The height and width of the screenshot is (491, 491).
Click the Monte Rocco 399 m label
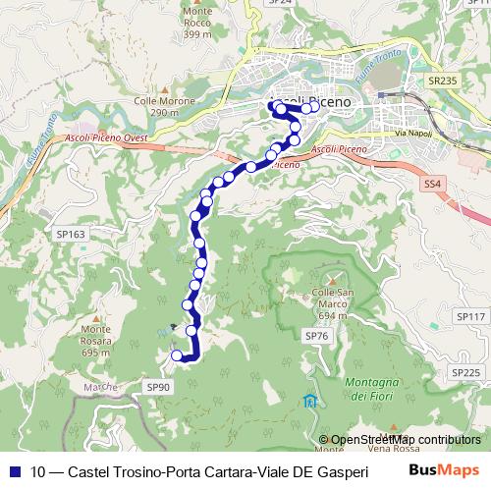197,24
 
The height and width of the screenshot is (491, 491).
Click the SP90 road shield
157,389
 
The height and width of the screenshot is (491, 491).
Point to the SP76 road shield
314,336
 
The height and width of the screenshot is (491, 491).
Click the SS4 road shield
432,183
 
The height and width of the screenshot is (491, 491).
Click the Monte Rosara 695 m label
96,340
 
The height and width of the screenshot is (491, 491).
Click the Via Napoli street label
413,133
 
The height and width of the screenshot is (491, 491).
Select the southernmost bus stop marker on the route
177,355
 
